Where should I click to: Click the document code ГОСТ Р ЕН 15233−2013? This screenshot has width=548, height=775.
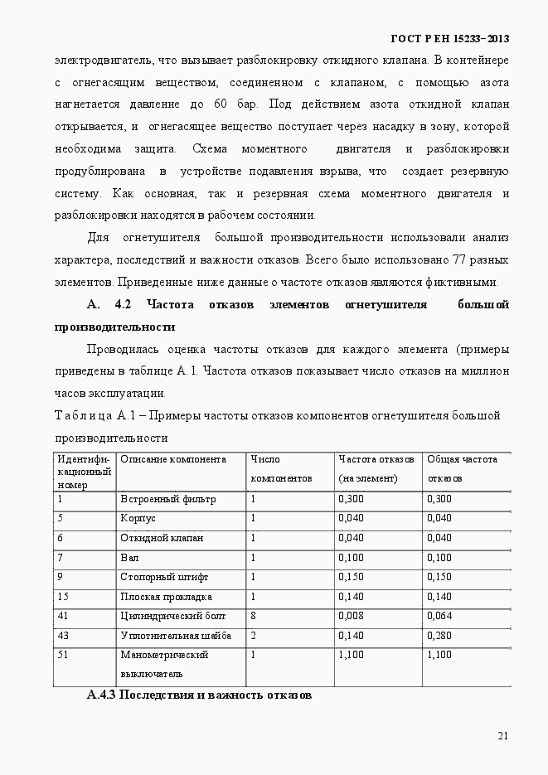[x=449, y=39]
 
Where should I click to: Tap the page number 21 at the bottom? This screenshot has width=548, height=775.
[x=503, y=735]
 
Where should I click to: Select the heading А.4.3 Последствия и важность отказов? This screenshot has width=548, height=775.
[x=199, y=695]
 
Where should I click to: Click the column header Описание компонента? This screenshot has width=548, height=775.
[x=172, y=459]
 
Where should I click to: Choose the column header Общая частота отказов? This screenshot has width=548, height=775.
[x=462, y=468]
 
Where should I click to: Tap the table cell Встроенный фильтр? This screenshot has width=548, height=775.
[x=167, y=499]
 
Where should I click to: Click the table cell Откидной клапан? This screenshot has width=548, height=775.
[x=162, y=538]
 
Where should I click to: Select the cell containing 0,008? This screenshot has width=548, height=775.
[x=351, y=616]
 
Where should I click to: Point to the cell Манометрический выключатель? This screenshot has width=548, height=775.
[x=164, y=664]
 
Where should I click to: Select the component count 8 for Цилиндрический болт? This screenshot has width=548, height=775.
[x=254, y=616]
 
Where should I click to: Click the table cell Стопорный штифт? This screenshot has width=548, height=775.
[x=164, y=577]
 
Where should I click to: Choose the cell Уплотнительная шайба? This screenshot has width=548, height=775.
[x=175, y=636]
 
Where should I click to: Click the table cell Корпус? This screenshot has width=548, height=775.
[x=138, y=518]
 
